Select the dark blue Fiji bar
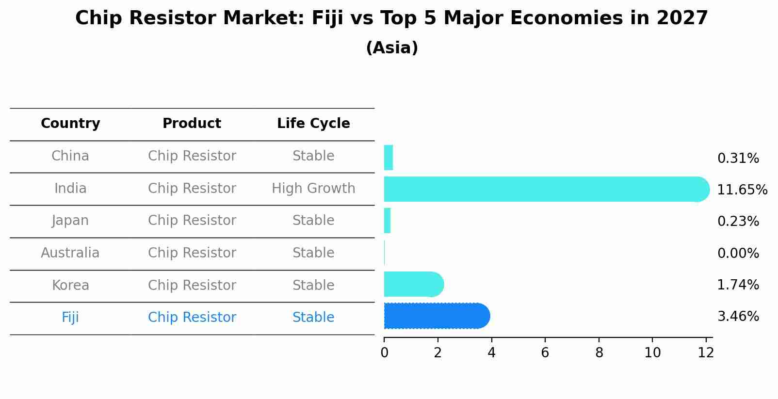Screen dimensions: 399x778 pos(437,316)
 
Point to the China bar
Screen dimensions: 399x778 pos(388,158)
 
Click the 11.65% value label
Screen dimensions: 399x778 pos(742,190)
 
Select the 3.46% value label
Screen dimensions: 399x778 pos(738,317)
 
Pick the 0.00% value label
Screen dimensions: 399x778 pos(738,253)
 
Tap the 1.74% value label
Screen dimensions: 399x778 pos(738,285)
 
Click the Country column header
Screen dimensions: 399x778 pos(70,124)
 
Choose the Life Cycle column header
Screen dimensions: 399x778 pos(313,124)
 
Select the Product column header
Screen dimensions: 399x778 pos(192,124)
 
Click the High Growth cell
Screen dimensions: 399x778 pos(313,189)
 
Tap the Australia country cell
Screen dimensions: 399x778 pos(70,253)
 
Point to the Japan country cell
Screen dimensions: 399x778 pos(70,221)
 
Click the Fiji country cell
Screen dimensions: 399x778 pos(70,318)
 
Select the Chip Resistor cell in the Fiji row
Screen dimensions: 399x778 pos(192,318)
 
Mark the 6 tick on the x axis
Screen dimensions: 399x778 pos(545,352)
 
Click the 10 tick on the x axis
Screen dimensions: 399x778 pos(652,352)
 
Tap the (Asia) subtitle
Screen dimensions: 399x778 pos(392,48)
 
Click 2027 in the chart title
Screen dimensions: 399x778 pos(682,18)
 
